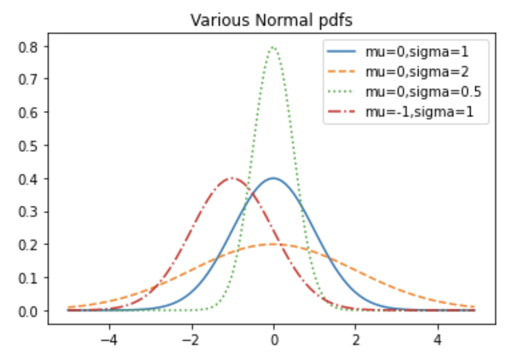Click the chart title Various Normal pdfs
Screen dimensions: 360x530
coord(272,20)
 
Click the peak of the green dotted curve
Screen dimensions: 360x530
coord(273,47)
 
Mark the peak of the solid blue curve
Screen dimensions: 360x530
coord(274,178)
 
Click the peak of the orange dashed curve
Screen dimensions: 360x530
coord(274,244)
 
